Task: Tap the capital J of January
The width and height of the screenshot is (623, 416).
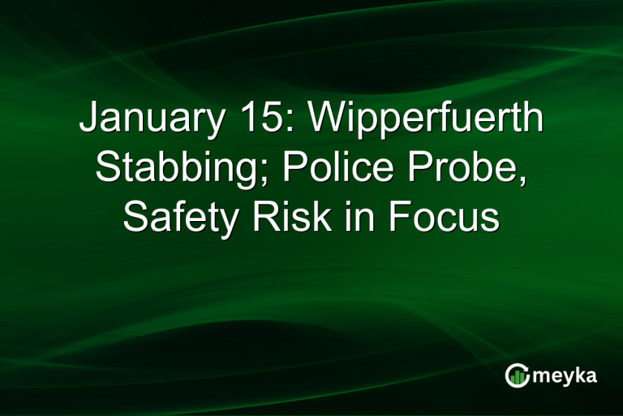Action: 88,121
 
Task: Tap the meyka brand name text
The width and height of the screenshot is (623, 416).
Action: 565,376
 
